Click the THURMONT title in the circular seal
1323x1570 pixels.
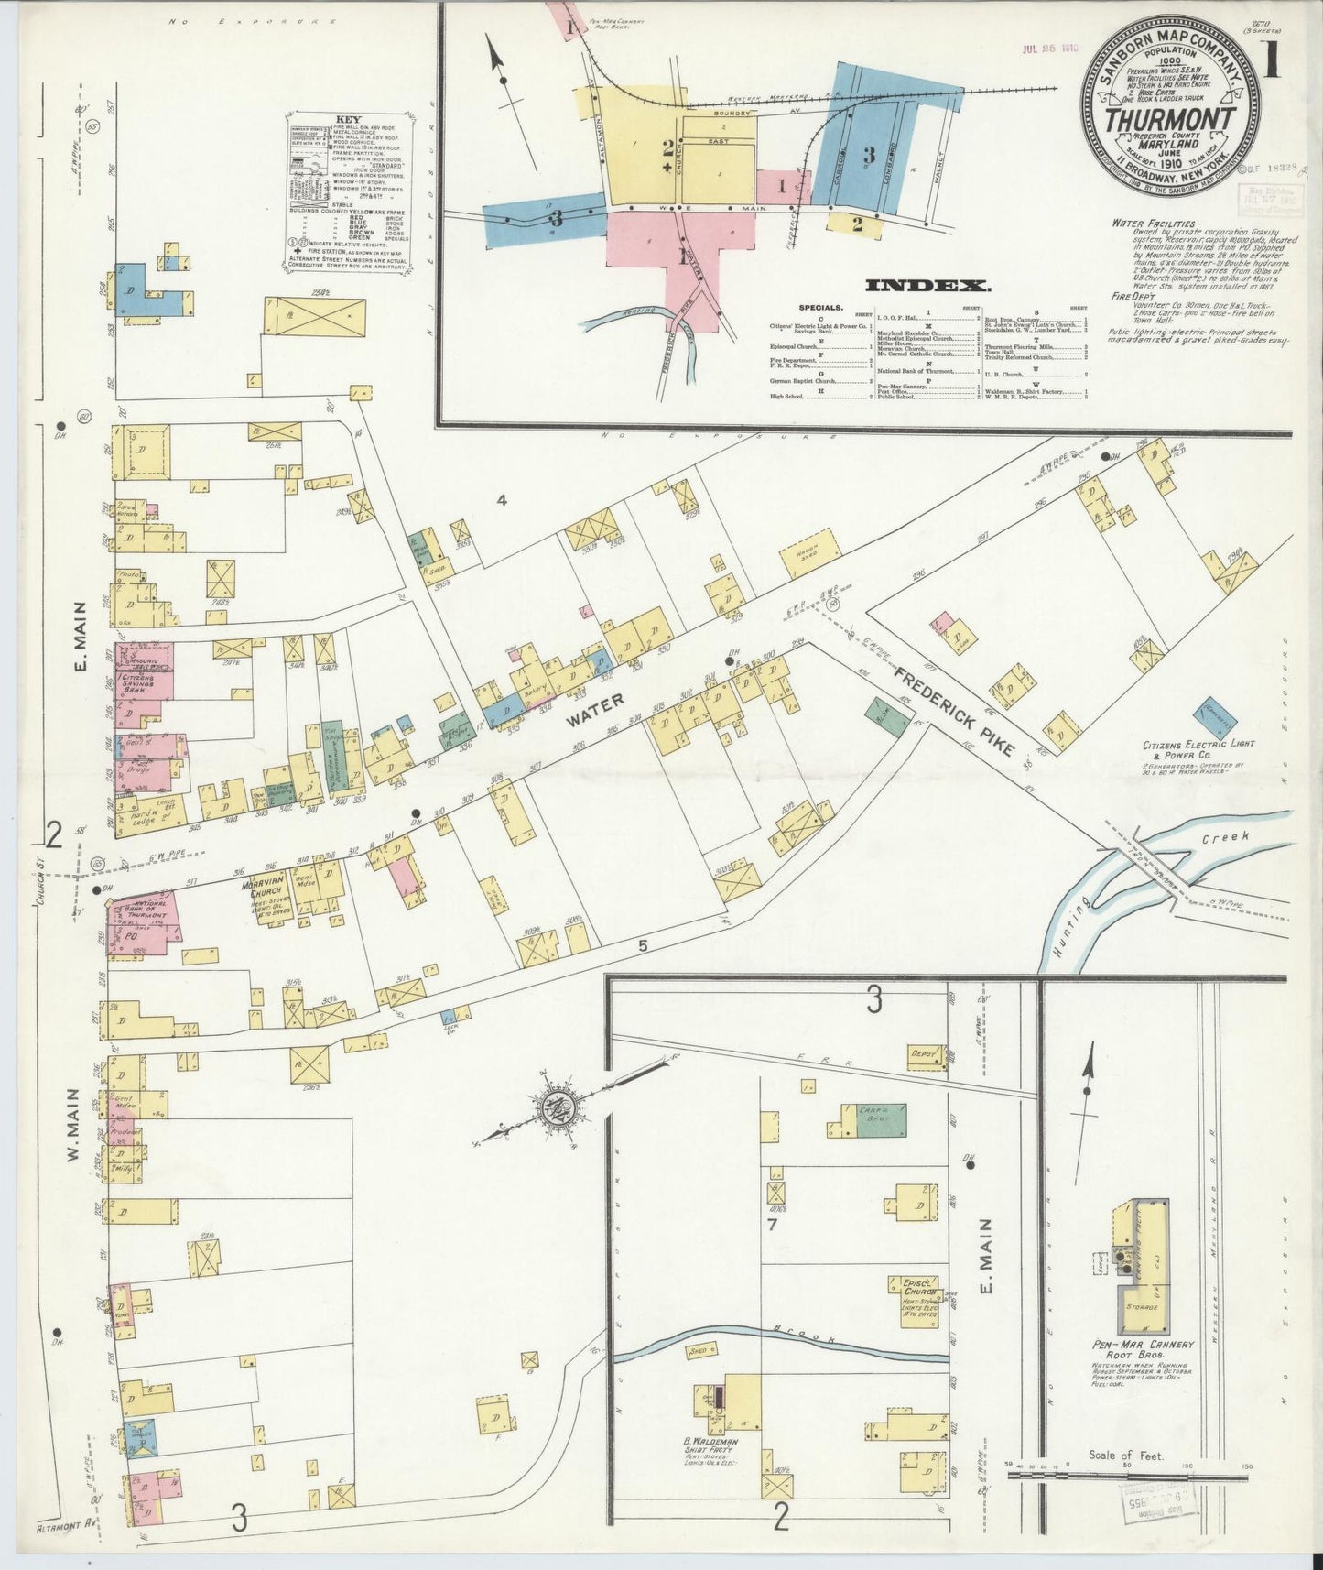click(1169, 120)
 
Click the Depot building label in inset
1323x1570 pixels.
click(924, 1055)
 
